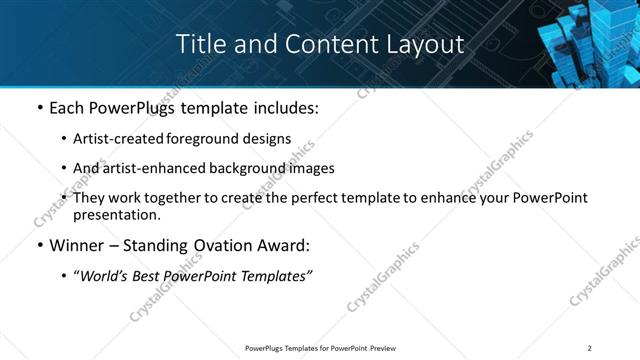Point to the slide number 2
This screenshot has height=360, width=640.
pos(590,348)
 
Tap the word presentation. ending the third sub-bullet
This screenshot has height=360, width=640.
pos(116,215)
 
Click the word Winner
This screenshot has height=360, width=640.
pos(78,245)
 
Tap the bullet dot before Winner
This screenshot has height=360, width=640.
pos(39,246)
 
